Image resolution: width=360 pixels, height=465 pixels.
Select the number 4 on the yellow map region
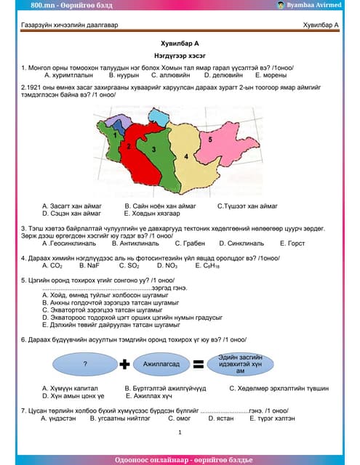186,155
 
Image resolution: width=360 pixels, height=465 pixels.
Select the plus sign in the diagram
124,363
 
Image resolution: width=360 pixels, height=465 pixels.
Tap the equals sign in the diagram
198,363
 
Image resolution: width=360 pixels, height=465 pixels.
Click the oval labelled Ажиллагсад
161,363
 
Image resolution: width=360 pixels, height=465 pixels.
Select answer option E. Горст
291,243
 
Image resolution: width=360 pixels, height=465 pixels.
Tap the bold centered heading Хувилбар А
180,44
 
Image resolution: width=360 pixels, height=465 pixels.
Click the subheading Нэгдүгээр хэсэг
180,55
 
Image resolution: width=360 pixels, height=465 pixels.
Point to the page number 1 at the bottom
180,432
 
